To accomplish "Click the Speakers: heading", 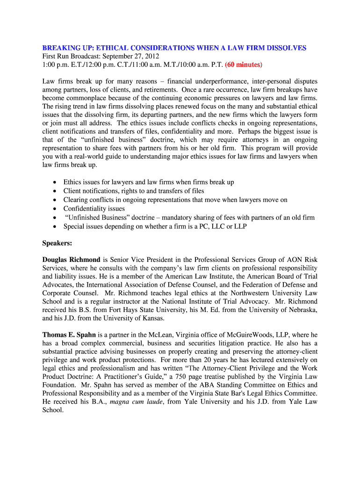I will [x=58, y=243].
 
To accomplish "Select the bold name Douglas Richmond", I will [x=71, y=260].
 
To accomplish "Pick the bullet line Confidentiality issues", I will [x=94, y=209].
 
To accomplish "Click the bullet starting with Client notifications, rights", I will [x=134, y=191].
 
